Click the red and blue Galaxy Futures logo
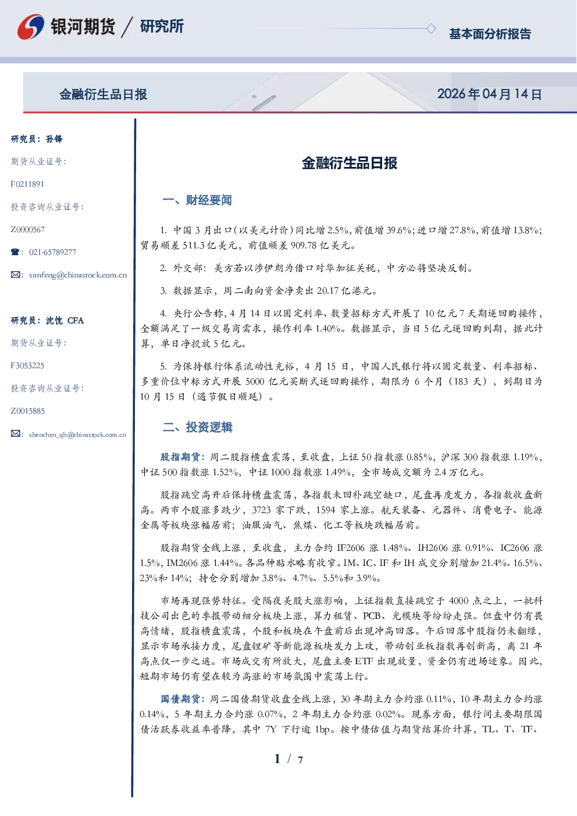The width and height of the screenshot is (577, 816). [31, 27]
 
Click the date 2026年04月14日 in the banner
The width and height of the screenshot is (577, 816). [489, 94]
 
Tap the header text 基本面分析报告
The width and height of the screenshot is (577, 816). [490, 34]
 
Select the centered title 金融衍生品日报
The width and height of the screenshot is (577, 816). [350, 163]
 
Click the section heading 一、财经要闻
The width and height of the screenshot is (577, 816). [197, 200]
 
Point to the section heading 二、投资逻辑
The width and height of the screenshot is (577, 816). [197, 427]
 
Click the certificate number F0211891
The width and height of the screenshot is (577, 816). [27, 184]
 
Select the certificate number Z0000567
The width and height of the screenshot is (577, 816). [28, 230]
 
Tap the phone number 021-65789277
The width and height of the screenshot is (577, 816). [52, 252]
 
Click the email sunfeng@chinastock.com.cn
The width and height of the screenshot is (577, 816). [78, 275]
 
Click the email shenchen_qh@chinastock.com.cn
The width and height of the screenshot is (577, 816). [77, 434]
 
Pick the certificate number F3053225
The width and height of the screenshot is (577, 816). [27, 366]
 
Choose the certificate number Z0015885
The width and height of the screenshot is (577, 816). [28, 411]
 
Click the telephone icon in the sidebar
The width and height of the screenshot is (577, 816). [15, 252]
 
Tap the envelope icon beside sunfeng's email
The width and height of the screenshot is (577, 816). [15, 275]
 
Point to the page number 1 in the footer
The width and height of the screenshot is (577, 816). [277, 759]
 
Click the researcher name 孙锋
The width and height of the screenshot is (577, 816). [54, 139]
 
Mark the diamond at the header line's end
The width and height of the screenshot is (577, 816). [431, 28]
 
